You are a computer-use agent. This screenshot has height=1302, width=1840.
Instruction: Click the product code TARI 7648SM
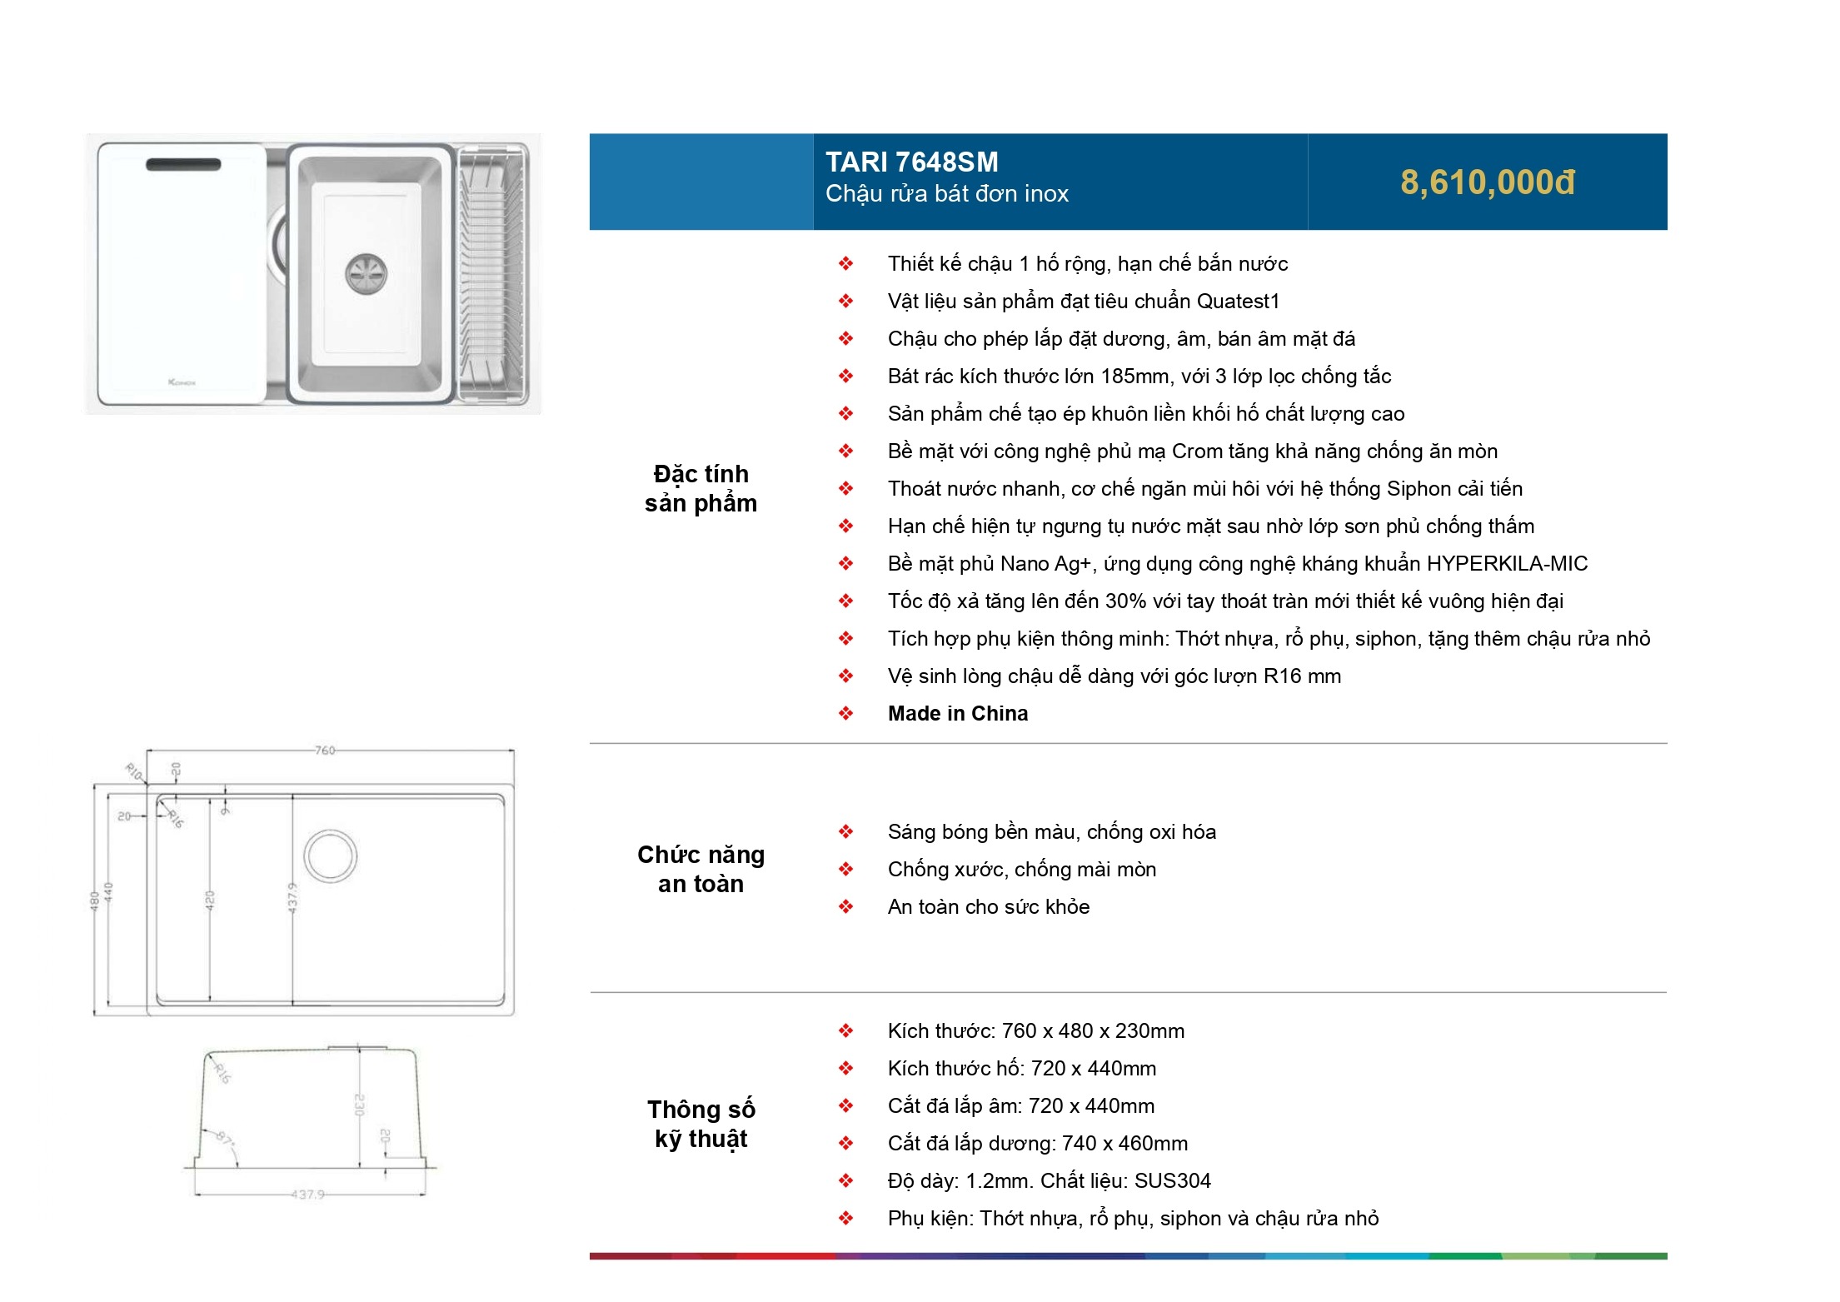tap(911, 162)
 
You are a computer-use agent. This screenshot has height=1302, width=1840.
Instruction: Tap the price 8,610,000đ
tap(1487, 182)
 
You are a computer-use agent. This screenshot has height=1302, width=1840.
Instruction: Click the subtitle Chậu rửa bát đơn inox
tap(946, 194)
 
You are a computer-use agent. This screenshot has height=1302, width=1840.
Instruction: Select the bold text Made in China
tap(957, 713)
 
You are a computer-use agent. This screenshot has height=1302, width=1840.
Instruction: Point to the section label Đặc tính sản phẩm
tap(701, 488)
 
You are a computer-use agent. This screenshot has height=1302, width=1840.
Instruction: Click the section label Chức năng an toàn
tap(701, 869)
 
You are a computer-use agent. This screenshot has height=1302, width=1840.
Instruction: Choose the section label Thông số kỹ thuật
tap(701, 1124)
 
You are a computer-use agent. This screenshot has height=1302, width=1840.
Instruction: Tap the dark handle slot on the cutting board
tap(183, 165)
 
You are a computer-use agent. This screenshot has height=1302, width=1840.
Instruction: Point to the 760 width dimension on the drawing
tap(324, 751)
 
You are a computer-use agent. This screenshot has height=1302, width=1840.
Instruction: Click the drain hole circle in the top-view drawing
tap(331, 856)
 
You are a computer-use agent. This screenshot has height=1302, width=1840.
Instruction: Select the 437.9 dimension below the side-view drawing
tap(307, 1195)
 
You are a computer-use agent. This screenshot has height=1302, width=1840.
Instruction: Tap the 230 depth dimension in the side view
tap(360, 1105)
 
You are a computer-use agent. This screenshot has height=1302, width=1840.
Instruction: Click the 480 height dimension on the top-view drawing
tap(95, 900)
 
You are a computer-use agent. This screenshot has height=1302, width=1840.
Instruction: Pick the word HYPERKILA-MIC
tap(1507, 564)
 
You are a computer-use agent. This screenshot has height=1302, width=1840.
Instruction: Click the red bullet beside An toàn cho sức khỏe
tap(845, 906)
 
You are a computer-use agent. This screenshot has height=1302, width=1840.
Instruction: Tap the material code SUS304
tap(1172, 1180)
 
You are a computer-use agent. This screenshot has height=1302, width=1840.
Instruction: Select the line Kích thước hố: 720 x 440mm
tap(1021, 1068)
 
